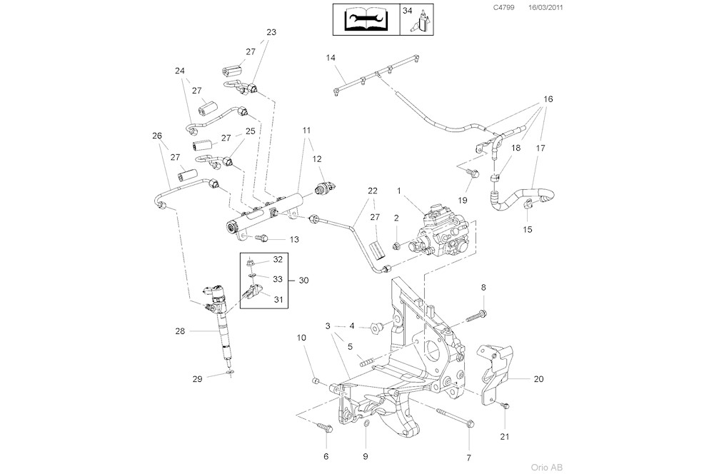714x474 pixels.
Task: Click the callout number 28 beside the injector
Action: [180, 331]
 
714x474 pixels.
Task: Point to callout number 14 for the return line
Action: [331, 57]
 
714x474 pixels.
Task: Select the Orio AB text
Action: [547, 467]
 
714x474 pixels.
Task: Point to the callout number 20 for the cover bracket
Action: [538, 379]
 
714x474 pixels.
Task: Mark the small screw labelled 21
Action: [505, 406]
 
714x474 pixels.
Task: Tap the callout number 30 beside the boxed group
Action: [303, 280]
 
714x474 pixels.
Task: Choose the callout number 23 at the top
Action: [271, 32]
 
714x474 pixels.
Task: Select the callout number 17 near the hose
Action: [540, 148]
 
